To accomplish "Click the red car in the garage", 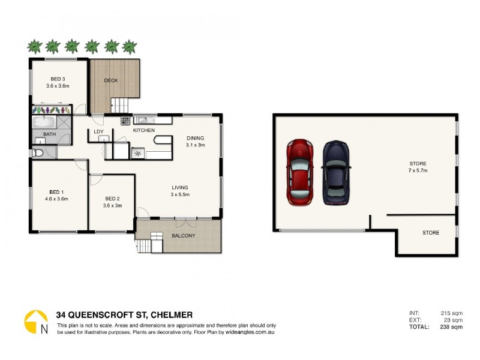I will [298, 172].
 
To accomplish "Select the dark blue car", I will [336, 172].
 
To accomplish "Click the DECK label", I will [111, 80].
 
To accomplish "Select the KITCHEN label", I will [143, 130].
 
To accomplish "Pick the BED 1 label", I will [56, 191].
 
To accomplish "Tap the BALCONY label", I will [184, 236].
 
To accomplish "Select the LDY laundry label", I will [99, 132].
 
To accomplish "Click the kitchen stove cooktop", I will [126, 121].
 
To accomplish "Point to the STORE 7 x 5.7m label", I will [418, 167].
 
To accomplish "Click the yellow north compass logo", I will [36, 321].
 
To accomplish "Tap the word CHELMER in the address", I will [172, 314].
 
